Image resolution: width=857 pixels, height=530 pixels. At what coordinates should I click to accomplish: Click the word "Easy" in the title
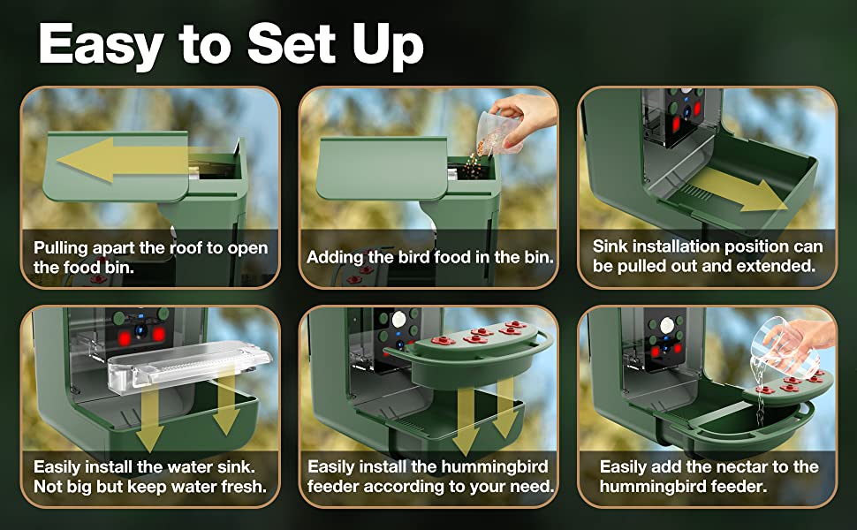tap(101, 45)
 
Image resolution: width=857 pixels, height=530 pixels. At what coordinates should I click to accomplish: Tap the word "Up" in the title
tap(388, 46)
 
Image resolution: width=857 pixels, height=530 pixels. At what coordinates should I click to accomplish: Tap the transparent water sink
tap(188, 363)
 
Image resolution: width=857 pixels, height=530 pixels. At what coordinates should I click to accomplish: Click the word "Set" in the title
tap(291, 45)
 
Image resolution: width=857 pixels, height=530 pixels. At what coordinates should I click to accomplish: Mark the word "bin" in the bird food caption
tap(537, 256)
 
